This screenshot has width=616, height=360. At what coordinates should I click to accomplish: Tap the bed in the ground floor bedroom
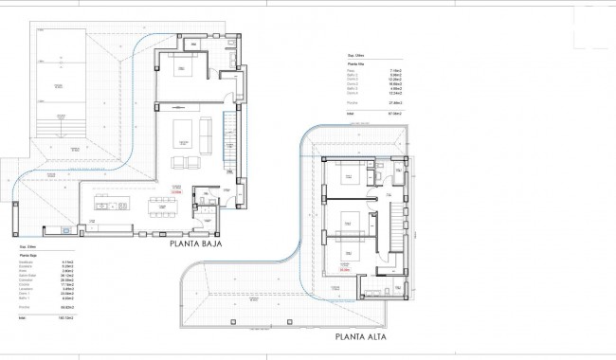click(183, 67)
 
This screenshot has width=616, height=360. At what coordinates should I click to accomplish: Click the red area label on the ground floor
click(175, 192)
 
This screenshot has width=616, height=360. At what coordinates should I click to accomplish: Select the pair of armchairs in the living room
click(185, 161)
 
